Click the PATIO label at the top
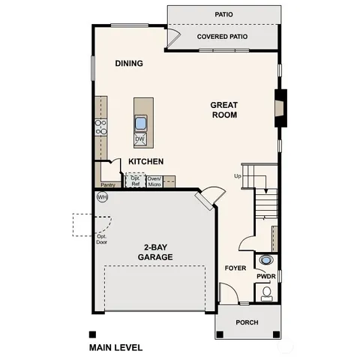click(x=223, y=13)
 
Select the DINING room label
click(x=129, y=64)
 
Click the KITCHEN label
click(x=146, y=162)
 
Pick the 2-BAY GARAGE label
click(x=155, y=252)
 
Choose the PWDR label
click(x=266, y=276)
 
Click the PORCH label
click(x=247, y=322)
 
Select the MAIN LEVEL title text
click(x=115, y=348)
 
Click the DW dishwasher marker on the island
click(x=139, y=139)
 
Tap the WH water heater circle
click(x=102, y=196)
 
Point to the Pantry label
click(x=108, y=183)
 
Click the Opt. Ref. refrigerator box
click(x=135, y=181)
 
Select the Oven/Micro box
click(x=155, y=181)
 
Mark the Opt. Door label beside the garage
click(x=101, y=238)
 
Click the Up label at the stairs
click(x=238, y=176)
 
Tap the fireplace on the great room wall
click(x=280, y=106)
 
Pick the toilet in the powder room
click(x=267, y=294)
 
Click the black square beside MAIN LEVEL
click(x=92, y=334)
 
